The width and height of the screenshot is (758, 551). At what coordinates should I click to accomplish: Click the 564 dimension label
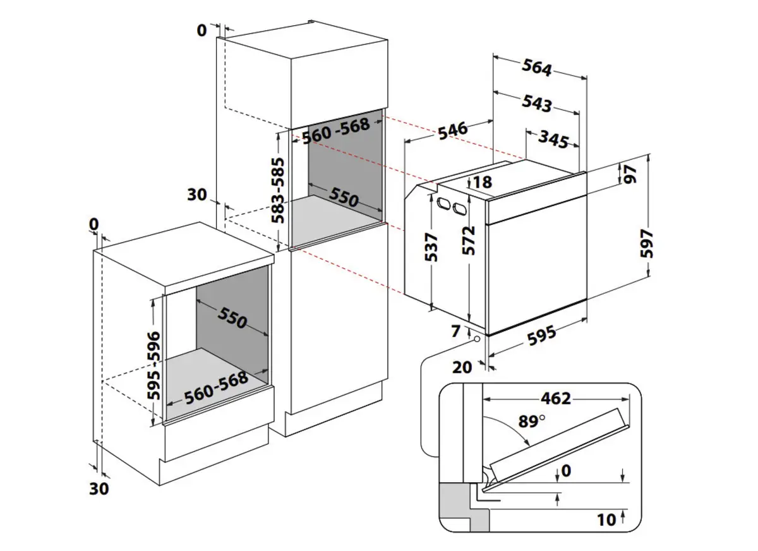pyautogui.click(x=538, y=67)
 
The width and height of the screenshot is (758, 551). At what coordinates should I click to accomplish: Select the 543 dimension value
pyautogui.click(x=538, y=103)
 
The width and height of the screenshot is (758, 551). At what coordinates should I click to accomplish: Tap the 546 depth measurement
pyautogui.click(x=453, y=130)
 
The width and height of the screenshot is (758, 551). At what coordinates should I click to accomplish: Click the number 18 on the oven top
pyautogui.click(x=481, y=183)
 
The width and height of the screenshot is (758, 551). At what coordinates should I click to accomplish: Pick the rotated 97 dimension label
pyautogui.click(x=629, y=174)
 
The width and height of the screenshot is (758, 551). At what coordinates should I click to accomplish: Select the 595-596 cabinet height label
pyautogui.click(x=153, y=365)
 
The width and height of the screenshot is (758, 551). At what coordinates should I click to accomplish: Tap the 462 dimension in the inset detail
pyautogui.click(x=556, y=399)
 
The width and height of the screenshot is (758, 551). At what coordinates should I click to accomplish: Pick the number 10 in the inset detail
pyautogui.click(x=606, y=520)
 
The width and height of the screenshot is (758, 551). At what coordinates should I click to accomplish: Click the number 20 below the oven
pyautogui.click(x=463, y=366)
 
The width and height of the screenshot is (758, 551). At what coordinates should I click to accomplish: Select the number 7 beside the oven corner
pyautogui.click(x=457, y=330)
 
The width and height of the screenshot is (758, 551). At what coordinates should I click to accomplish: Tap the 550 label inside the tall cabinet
pyautogui.click(x=344, y=197)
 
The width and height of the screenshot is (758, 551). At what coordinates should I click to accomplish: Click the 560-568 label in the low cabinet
pyautogui.click(x=216, y=389)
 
